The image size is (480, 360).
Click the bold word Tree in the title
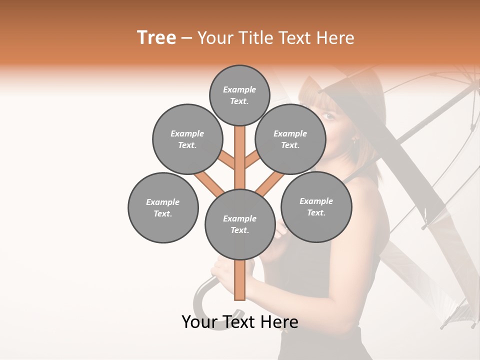click(x=156, y=37)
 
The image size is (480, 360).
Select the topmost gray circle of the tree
click(x=239, y=95)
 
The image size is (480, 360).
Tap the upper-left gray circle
click(x=187, y=139)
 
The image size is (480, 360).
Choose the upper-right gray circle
click(x=290, y=139)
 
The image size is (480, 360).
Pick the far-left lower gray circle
click(x=163, y=207)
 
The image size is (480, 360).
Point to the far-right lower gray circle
click(x=316, y=206)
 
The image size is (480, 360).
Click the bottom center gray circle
click(x=239, y=224)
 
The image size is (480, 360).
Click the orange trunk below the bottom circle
click(x=239, y=280)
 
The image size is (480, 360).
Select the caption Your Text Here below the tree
click(x=239, y=322)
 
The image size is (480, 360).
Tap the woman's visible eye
click(x=328, y=116)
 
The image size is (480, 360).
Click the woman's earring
click(x=355, y=140)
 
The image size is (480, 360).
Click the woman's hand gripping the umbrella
click(x=225, y=270)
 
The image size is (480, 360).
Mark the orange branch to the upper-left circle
click(x=227, y=161)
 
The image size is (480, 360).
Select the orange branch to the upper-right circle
click(x=252, y=161)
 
